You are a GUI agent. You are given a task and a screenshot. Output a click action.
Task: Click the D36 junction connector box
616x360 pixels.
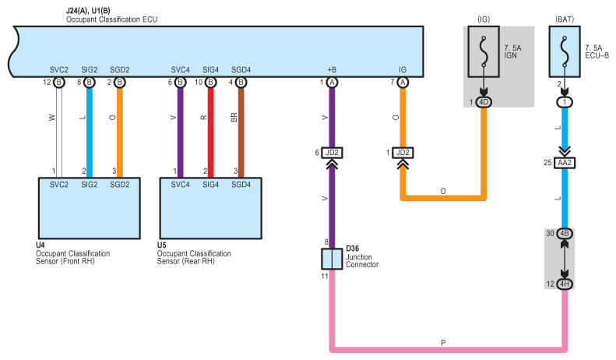(332, 259)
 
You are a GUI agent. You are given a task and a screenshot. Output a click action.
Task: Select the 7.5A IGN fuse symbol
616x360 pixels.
(484, 52)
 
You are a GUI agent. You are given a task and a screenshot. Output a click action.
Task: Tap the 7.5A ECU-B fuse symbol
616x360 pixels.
(565, 52)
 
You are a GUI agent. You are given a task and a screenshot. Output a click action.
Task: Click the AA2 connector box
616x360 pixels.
(565, 163)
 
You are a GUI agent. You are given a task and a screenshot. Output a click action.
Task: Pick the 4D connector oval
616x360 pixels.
(484, 102)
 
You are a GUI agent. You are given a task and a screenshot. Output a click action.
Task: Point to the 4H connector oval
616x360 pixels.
(565, 284)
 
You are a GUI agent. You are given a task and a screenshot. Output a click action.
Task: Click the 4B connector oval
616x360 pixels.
(565, 234)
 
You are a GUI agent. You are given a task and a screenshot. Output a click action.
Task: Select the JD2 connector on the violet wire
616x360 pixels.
(332, 153)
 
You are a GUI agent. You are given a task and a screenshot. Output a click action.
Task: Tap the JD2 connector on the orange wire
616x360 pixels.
(403, 153)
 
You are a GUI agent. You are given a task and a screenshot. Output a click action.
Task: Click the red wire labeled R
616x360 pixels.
(210, 132)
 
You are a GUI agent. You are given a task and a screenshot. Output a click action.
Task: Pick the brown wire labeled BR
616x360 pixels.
(241, 132)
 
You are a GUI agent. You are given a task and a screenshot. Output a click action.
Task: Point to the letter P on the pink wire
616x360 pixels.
(443, 343)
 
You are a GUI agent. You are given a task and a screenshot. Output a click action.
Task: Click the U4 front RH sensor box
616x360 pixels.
(90, 208)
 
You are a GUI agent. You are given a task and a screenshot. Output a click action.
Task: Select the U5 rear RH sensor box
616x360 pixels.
(210, 208)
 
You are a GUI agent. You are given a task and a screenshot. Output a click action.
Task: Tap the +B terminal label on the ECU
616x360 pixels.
(332, 70)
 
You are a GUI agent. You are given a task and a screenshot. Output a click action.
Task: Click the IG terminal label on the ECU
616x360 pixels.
(403, 70)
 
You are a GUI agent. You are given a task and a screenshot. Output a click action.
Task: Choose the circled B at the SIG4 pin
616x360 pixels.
(210, 83)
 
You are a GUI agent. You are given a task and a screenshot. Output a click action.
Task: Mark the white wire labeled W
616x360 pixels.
(59, 132)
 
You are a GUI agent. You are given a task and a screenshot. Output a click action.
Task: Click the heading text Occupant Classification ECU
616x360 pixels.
(111, 19)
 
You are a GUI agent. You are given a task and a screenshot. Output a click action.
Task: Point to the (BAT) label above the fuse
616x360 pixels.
(565, 19)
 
